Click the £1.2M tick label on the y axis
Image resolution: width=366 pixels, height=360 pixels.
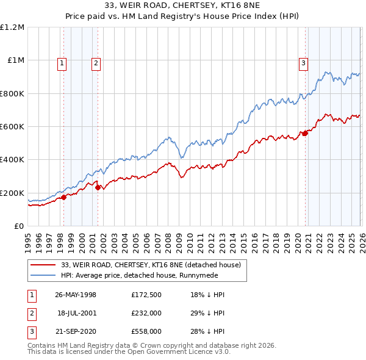point(12,27)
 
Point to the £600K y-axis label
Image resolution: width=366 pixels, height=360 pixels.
point(12,127)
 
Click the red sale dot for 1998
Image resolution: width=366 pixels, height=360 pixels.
point(63,197)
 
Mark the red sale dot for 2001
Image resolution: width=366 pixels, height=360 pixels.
point(97,187)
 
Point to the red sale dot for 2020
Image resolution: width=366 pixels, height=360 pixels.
point(304,134)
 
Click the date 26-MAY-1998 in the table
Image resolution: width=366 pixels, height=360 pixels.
point(76,295)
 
